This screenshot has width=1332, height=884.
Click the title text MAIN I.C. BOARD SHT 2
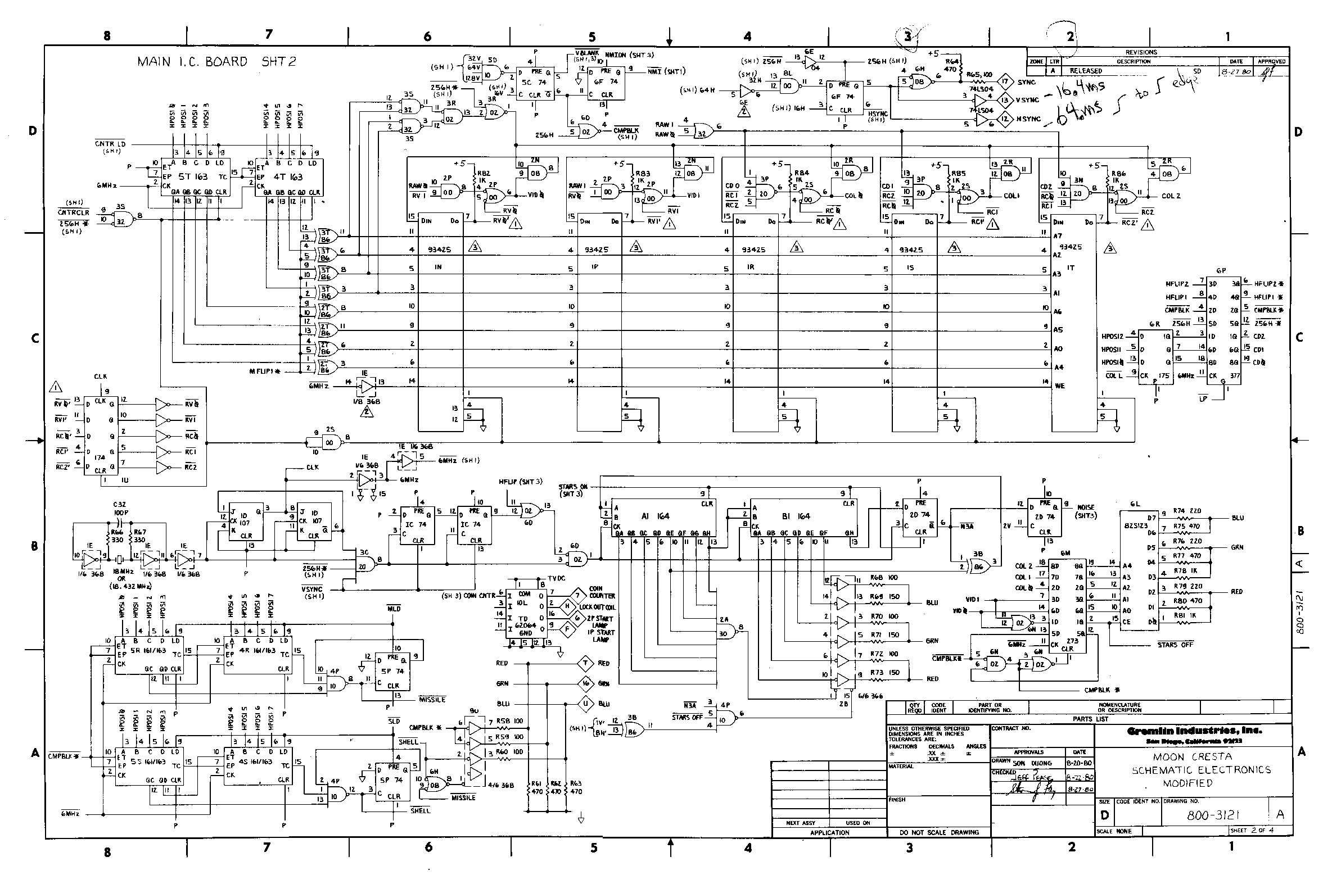[x=216, y=61]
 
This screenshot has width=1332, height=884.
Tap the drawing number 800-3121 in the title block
[x=1212, y=815]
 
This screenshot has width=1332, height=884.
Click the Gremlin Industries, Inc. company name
[x=1194, y=731]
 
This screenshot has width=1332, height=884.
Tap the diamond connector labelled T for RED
[x=585, y=664]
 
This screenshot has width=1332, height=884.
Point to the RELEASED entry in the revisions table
[x=1086, y=71]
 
